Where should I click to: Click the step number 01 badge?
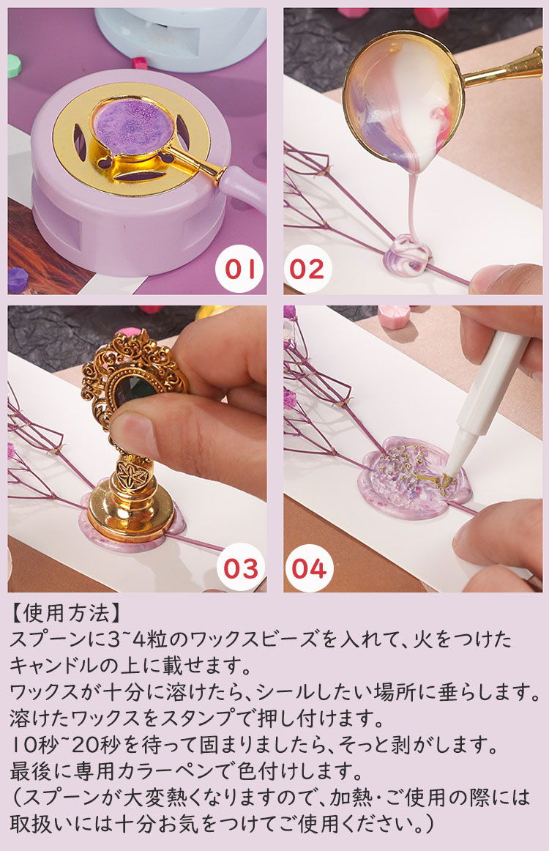[x=239, y=270]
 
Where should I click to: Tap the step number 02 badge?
[x=307, y=270]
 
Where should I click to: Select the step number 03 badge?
[x=241, y=568]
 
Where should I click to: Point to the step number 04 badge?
[x=309, y=568]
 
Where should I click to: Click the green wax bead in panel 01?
[x=14, y=65]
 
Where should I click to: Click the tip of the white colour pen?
[x=447, y=478]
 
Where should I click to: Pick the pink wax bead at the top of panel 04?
[x=394, y=316]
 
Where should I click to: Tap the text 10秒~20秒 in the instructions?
[x=65, y=745]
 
